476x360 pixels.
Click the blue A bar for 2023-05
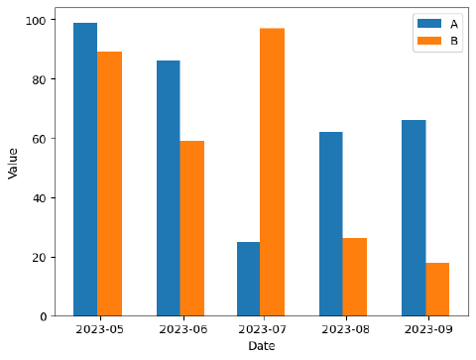coord(85,169)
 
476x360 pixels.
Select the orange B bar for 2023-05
coord(109,183)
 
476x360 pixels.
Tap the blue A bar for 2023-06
coord(168,188)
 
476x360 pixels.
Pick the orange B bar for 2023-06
coord(191,228)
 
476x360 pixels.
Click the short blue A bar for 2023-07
coord(248,279)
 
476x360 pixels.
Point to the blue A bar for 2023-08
coord(330,224)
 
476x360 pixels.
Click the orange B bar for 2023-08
coord(354,277)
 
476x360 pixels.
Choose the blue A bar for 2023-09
coord(413,218)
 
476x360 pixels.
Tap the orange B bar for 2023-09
coord(436,289)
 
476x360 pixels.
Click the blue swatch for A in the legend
coord(428,24)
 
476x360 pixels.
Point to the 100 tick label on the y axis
coord(37,20)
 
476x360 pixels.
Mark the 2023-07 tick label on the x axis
coord(260,329)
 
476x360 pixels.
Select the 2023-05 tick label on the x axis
coord(97,329)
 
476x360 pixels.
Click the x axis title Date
coord(262,346)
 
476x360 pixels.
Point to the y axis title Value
coord(14,162)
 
